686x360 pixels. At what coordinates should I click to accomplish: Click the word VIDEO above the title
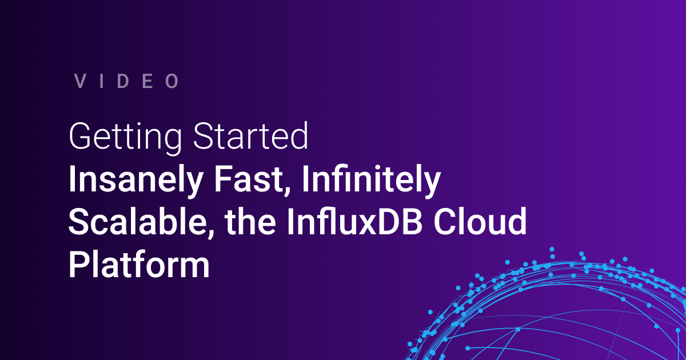(127, 81)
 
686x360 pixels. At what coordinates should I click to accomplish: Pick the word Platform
(139, 265)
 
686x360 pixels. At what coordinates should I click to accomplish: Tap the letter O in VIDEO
(173, 81)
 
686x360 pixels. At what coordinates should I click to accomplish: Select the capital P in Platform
(78, 264)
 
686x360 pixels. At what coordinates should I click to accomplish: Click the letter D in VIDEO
(126, 81)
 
